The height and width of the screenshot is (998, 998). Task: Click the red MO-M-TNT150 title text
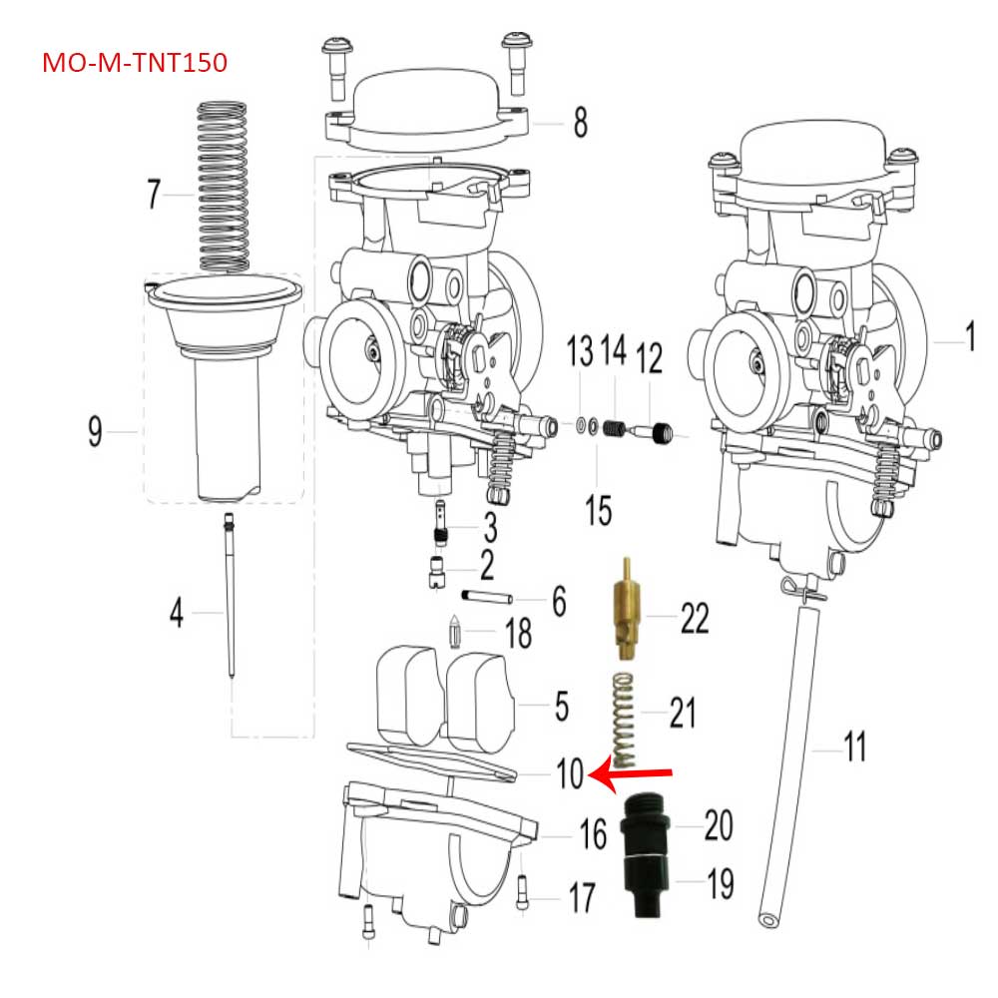[135, 63]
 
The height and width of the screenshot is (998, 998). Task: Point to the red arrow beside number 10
[634, 774]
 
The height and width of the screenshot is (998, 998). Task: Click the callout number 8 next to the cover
[580, 124]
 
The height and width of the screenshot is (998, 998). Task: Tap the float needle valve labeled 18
[456, 633]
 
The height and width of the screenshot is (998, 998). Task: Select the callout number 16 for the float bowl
[594, 834]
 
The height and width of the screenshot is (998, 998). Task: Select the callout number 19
[720, 883]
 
